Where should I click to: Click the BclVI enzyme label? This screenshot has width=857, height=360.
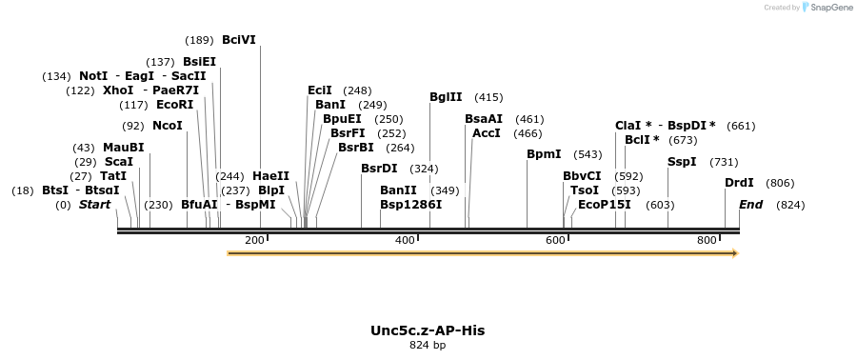tap(238, 40)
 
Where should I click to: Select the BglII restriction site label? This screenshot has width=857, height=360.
tap(446, 97)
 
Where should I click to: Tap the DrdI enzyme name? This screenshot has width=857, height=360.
tap(739, 183)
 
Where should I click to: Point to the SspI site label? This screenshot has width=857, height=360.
tap(682, 162)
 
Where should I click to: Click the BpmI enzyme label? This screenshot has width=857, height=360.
tap(544, 154)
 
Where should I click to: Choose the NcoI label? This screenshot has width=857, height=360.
tap(167, 126)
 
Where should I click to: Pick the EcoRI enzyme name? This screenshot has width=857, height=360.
tap(174, 105)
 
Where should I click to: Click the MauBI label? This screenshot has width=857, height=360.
tap(123, 148)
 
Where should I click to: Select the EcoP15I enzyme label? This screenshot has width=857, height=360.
tap(605, 205)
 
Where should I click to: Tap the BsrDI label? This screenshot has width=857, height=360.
tap(379, 169)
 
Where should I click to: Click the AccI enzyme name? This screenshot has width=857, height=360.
tap(486, 133)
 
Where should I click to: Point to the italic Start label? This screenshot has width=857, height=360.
tap(94, 205)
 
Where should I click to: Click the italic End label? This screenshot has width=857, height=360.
tap(751, 205)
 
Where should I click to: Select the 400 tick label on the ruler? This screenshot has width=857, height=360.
tap(405, 240)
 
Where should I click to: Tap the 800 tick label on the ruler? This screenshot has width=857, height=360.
tap(707, 240)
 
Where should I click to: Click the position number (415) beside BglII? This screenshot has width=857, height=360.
tap(488, 97)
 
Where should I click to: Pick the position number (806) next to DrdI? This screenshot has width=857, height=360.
tap(780, 183)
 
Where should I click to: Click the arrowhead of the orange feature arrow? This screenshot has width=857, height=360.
tap(733, 253)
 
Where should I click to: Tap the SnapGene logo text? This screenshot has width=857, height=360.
tap(830, 8)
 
